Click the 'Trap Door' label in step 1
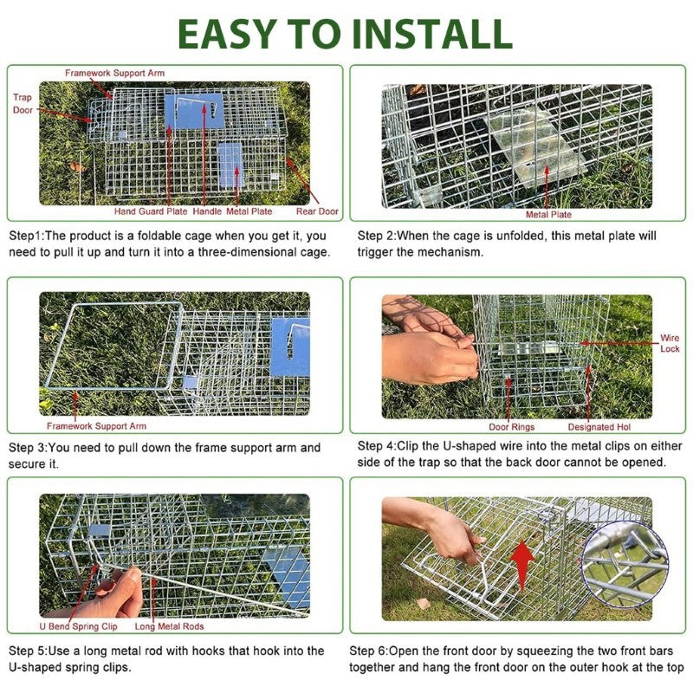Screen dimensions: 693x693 click(x=23, y=104)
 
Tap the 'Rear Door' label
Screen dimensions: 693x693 click(x=317, y=211)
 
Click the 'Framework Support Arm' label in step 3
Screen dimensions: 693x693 click(x=96, y=426)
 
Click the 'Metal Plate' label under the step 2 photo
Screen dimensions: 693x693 click(x=548, y=214)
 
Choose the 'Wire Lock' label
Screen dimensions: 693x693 click(x=670, y=343)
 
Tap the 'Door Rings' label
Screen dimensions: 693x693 click(x=511, y=427)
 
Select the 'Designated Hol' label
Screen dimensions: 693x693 click(x=605, y=427)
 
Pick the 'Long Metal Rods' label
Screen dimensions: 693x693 click(x=169, y=626)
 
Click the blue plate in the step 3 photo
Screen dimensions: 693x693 click(x=289, y=346)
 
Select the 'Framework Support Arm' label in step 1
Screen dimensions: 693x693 click(x=114, y=73)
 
